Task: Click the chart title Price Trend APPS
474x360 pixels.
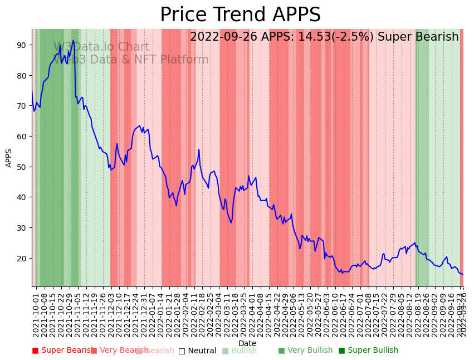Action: (240, 15)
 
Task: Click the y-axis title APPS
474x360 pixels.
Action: (9, 158)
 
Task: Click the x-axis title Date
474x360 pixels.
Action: (247, 343)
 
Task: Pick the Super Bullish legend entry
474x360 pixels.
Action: (368, 351)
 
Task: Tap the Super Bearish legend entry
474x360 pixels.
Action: (62, 351)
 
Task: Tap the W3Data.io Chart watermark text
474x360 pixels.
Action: (101, 47)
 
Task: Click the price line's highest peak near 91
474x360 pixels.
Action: (73, 41)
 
